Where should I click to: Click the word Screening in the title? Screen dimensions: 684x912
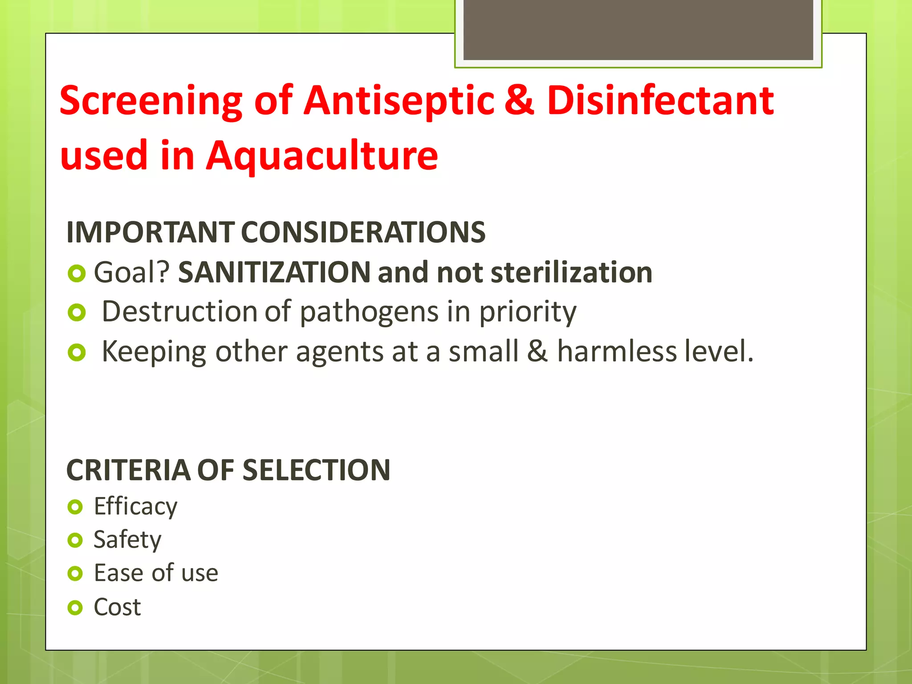click(151, 102)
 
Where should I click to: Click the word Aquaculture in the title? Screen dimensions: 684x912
click(322, 156)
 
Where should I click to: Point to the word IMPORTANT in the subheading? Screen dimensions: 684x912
click(150, 232)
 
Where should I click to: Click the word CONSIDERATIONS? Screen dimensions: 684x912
click(363, 232)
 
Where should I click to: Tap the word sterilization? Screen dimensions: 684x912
click(571, 272)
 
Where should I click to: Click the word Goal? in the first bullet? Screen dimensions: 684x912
click(132, 272)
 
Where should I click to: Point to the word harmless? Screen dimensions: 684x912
click(617, 351)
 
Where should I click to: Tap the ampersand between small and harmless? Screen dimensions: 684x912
click(537, 351)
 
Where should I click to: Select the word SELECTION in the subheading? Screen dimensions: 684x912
click(317, 470)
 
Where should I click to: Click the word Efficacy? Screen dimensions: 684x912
click(135, 507)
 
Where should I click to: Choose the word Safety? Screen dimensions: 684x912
click(127, 540)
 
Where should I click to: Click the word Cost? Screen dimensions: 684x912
click(117, 607)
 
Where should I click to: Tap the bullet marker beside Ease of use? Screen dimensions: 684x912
click(75, 574)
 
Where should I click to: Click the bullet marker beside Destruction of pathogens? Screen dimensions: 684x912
click(77, 313)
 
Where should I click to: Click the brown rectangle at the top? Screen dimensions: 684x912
click(638, 29)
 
